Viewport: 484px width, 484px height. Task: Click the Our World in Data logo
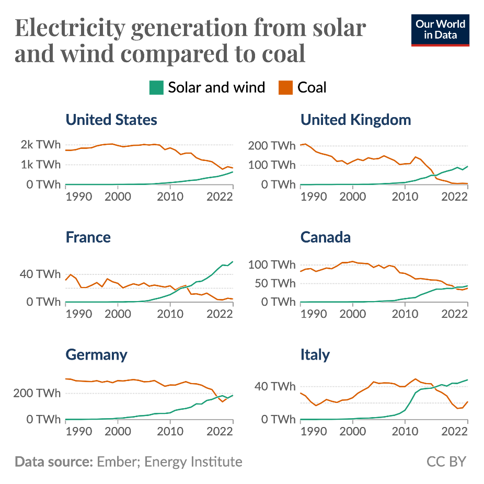tap(440, 30)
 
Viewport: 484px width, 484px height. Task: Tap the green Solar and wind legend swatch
tap(156, 88)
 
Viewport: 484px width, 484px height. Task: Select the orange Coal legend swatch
tap(286, 88)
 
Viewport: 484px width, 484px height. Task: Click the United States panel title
tap(111, 120)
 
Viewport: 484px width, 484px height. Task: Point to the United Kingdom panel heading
tap(355, 120)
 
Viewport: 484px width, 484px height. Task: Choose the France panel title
tap(88, 237)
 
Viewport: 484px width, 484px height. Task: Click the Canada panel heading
tap(325, 237)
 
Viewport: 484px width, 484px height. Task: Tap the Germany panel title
tap(96, 355)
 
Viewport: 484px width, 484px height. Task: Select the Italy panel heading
tap(315, 355)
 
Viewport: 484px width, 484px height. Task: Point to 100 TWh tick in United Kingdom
tap(272, 165)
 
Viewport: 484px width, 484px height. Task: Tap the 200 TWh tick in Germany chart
tap(37, 393)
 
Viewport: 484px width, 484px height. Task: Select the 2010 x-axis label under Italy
tap(404, 431)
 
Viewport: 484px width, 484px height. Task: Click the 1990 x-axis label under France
tap(78, 314)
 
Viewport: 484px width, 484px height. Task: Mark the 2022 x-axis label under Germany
tap(220, 431)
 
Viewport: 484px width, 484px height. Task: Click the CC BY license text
tap(446, 462)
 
